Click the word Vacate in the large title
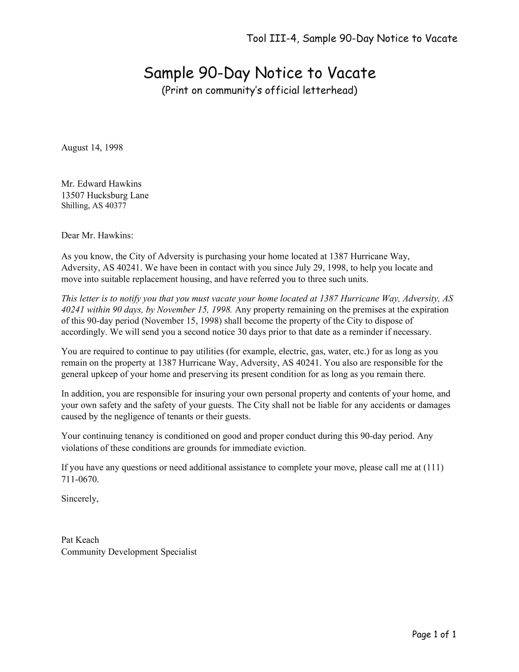(351, 73)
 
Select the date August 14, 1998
(92, 148)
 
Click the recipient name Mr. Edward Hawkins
(101, 184)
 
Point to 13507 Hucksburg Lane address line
(104, 195)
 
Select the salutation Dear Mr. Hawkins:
(97, 236)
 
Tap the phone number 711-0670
(80, 479)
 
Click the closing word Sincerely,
(80, 499)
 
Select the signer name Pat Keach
(80, 540)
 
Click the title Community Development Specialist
(129, 552)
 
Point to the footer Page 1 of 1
(434, 634)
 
